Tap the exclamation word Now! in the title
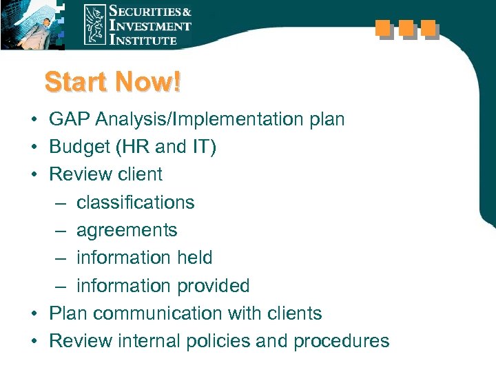point(149,83)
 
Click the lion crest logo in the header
point(94,24)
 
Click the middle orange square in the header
point(406,29)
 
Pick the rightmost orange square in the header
point(429,29)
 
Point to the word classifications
point(136,203)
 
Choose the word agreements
point(127,231)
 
